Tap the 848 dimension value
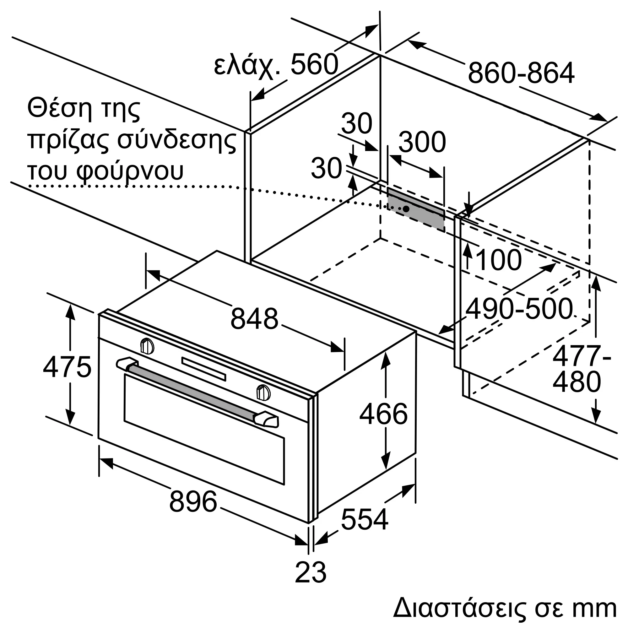(255, 318)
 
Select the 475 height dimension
(67, 367)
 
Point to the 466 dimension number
(384, 414)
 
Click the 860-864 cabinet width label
(521, 73)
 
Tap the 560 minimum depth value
(314, 64)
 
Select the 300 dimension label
(422, 142)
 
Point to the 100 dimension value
(498, 260)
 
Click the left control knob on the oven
(147, 346)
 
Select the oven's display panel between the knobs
(203, 369)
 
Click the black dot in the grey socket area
(406, 209)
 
